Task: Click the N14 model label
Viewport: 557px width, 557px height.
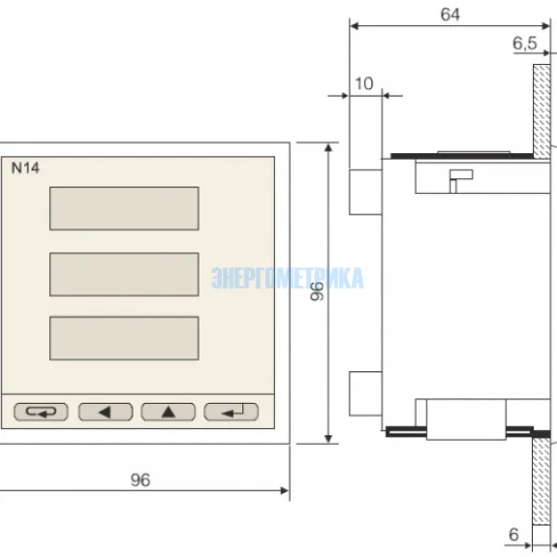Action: point(25,168)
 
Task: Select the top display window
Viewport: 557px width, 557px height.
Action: point(124,209)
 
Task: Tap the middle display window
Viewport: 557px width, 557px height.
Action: point(124,274)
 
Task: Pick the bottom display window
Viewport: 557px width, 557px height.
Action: point(124,338)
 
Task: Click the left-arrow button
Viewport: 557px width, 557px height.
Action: point(106,412)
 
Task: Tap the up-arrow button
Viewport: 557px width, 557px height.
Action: point(168,412)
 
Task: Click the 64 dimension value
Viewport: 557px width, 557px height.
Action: point(450,15)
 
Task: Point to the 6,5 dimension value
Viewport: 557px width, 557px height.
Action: point(525,44)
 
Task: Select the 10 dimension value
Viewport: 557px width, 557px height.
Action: point(364,84)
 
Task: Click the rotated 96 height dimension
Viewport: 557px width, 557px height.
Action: point(317,291)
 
